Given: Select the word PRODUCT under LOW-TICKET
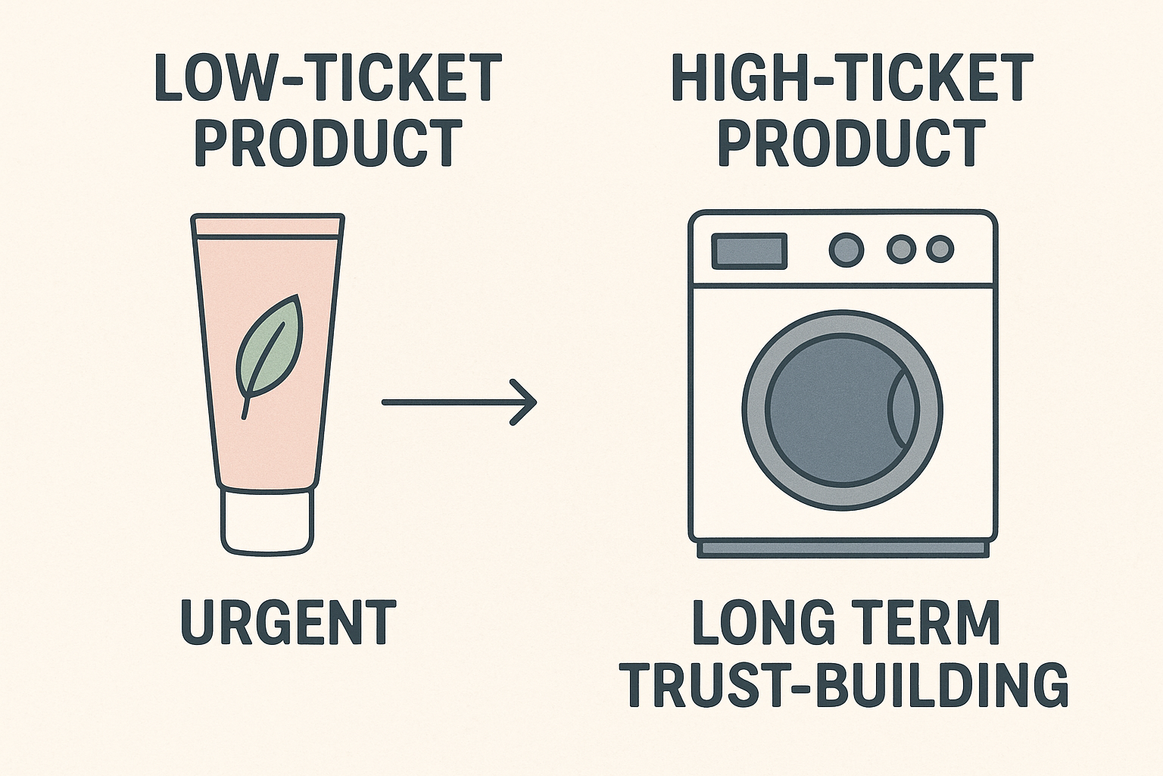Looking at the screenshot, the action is coord(329,142).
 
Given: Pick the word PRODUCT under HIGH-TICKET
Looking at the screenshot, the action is coord(852,142).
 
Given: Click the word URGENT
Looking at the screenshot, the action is coord(288,622).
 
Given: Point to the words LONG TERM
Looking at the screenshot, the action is coord(847,622).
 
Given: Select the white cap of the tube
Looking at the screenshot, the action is coord(267,522).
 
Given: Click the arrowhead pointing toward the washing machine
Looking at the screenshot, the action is coord(526,402).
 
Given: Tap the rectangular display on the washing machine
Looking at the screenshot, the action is coord(749,251).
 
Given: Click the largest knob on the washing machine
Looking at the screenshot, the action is coord(846,249).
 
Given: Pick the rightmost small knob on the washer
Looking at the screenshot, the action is coord(940,249).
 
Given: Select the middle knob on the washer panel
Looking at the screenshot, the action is coord(901,249).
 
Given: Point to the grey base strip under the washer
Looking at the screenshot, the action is coord(843,549).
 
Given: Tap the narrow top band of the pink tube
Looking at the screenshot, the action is coord(268,227).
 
